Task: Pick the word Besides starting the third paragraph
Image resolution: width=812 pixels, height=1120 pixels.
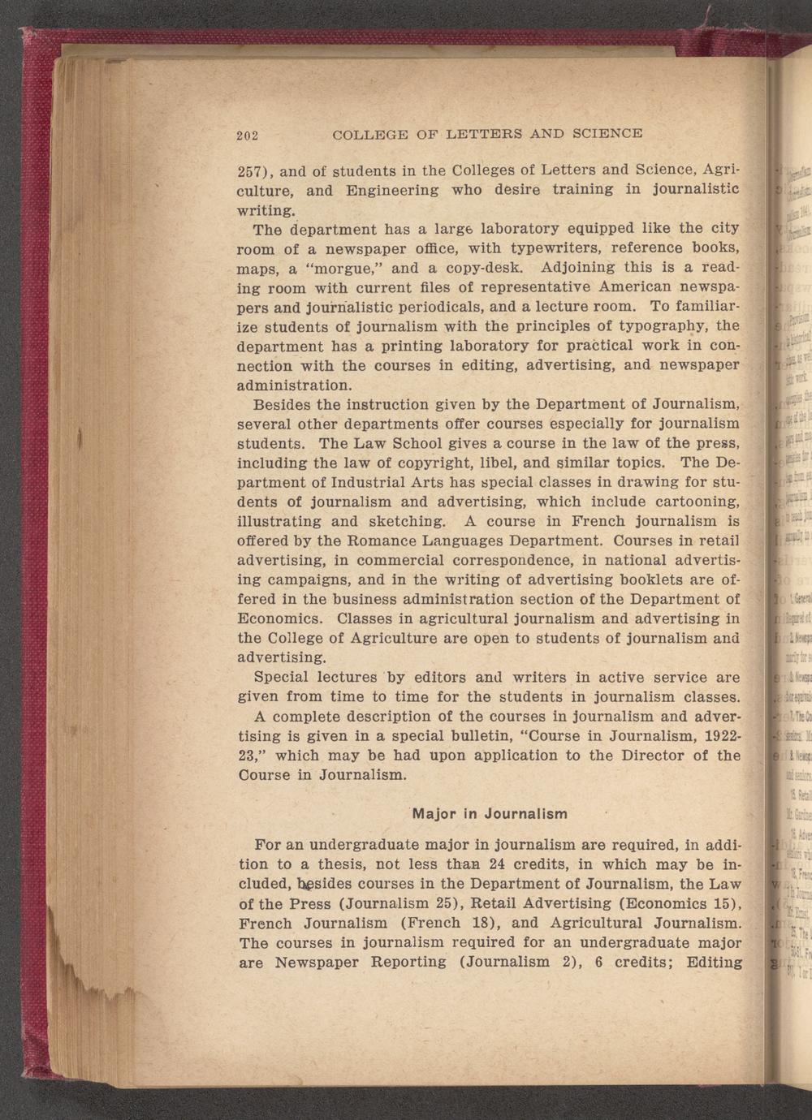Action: (x=283, y=404)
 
